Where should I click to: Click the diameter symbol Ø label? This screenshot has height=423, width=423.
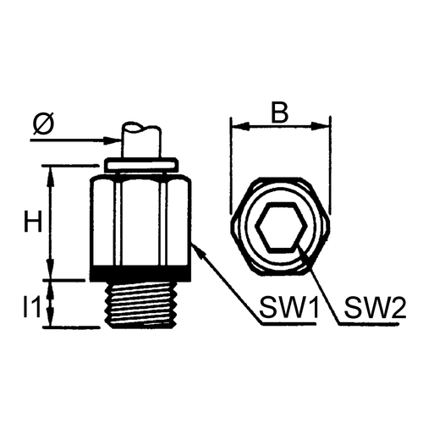coord(43,124)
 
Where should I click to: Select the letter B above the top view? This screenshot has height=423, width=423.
coord(280,113)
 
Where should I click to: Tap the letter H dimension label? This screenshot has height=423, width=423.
coord(33,222)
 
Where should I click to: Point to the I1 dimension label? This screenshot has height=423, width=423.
coord(32,307)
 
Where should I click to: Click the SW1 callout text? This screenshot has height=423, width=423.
coord(289,307)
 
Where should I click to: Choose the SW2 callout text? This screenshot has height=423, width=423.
coord(375,307)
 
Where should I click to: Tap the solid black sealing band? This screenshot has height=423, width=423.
coord(140,273)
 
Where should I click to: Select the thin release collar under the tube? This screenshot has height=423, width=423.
coord(141,165)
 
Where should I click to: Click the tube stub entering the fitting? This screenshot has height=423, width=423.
coord(141,141)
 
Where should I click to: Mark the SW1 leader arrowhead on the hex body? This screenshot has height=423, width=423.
coord(197,250)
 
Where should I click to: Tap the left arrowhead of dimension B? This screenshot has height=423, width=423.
coord(239,126)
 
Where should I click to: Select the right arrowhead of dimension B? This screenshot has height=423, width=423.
coord(321,126)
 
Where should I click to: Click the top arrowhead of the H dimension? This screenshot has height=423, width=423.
coord(51,176)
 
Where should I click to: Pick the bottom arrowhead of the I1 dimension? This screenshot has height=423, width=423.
coord(51,318)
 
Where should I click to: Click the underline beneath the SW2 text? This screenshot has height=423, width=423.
coord(369,323)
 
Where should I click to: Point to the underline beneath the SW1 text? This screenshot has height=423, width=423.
coord(288,323)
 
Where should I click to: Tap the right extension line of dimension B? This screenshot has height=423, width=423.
coord(330,165)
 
